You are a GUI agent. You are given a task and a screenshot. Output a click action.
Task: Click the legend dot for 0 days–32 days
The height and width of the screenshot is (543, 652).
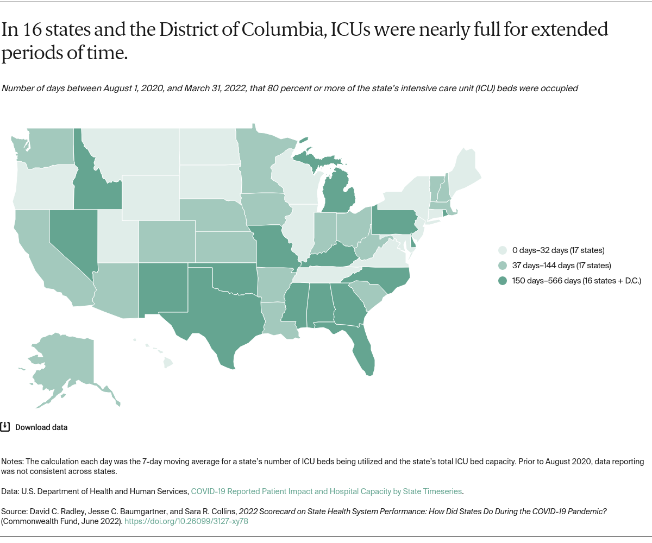[503, 250]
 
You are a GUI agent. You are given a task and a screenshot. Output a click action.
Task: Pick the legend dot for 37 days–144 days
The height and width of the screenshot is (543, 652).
[503, 266]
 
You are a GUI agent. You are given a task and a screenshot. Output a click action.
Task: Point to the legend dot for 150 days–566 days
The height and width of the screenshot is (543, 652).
[503, 281]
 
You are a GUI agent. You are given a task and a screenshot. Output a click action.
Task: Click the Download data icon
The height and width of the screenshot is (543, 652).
[5, 427]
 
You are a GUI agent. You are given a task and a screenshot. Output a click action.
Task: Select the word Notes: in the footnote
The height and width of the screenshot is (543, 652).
[12, 462]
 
